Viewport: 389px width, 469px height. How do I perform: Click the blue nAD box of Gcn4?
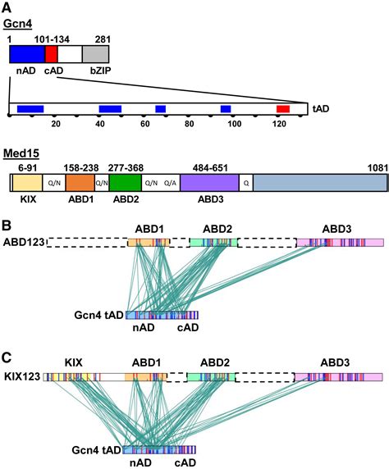pyautogui.click(x=27, y=54)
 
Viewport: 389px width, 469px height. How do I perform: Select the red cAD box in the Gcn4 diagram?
pyautogui.click(x=51, y=54)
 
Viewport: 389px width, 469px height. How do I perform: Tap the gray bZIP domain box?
pyautogui.click(x=95, y=54)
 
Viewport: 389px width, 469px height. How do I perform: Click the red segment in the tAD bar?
pyautogui.click(x=283, y=109)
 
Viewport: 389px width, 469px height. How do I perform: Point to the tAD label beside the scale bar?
pyautogui.click(x=321, y=109)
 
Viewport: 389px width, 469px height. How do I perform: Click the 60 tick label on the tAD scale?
pyautogui.click(x=145, y=124)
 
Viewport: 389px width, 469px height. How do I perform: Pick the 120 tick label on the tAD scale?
pyautogui.click(x=279, y=124)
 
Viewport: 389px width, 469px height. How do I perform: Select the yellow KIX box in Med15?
pyautogui.click(x=27, y=183)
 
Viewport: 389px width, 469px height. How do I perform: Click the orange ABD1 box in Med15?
pyautogui.click(x=80, y=183)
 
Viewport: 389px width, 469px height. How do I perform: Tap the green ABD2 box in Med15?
pyautogui.click(x=126, y=183)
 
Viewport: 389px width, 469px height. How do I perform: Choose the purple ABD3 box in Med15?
pyautogui.click(x=209, y=183)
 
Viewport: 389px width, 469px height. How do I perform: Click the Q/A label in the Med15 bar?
pyautogui.click(x=170, y=183)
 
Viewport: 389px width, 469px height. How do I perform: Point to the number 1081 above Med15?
pyautogui.click(x=378, y=168)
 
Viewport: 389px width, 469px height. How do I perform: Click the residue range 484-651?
pyautogui.click(x=210, y=168)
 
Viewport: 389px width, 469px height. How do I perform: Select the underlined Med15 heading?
pyautogui.click(x=21, y=153)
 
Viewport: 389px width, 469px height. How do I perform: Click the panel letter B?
pyautogui.click(x=7, y=225)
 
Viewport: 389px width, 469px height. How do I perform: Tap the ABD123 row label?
pyautogui.click(x=24, y=242)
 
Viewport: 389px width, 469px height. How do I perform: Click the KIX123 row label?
pyautogui.click(x=22, y=376)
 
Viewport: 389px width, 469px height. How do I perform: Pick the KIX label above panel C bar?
pyautogui.click(x=74, y=362)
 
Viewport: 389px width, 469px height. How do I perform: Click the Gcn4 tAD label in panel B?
pyautogui.click(x=98, y=315)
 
